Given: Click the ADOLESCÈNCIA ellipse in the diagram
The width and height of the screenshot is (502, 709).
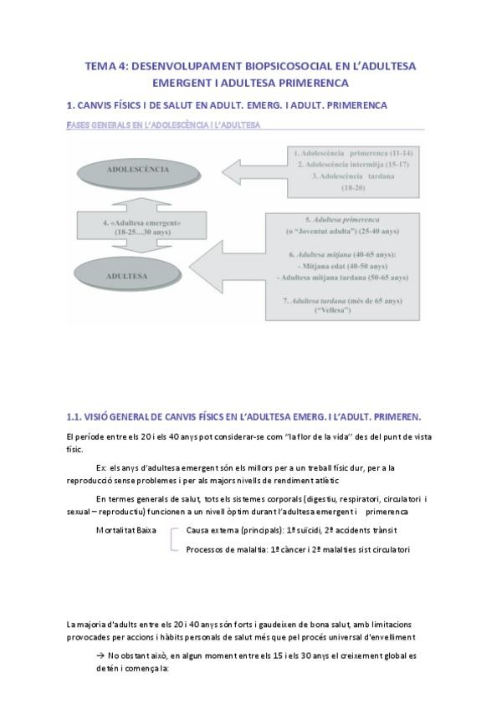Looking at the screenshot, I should tap(126, 169).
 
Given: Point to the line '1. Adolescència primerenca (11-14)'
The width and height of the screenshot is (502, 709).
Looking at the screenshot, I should tap(353, 155).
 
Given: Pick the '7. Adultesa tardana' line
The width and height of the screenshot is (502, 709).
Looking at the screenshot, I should tap(344, 299).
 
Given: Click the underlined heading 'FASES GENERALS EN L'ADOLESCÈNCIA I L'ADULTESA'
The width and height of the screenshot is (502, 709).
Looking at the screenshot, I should tap(163, 125).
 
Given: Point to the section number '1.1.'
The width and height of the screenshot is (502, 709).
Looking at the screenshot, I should tap(77, 416).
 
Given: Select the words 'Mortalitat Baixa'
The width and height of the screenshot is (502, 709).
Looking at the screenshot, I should tap(126, 530).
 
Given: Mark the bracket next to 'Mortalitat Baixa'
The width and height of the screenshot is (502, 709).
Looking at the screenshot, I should tap(172, 539).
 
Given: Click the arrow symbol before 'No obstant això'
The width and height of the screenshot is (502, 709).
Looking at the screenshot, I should tap(100, 656).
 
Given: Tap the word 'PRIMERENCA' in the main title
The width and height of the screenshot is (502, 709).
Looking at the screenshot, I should tap(304, 84).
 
